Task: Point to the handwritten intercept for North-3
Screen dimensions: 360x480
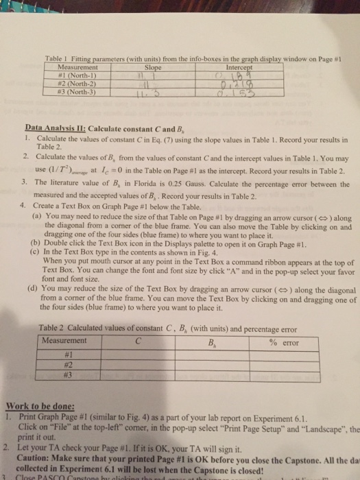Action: [x=245, y=92]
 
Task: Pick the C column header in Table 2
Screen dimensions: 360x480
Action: [x=139, y=341]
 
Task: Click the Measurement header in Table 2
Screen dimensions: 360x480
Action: [x=64, y=341]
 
